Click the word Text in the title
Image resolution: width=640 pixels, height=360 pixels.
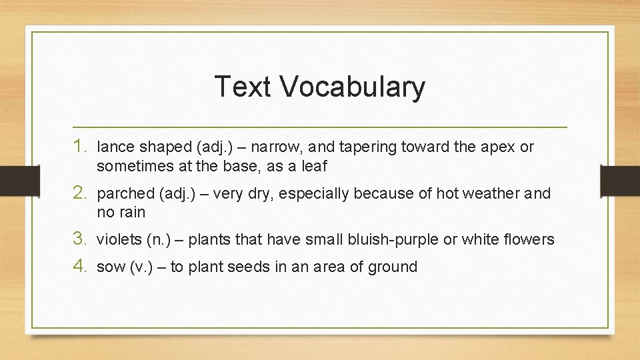(243, 87)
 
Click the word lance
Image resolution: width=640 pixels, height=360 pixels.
(115, 147)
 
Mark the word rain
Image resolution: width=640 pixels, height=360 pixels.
(132, 213)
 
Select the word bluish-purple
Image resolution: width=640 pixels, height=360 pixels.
(387, 239)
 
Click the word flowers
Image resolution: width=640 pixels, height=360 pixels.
(527, 239)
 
